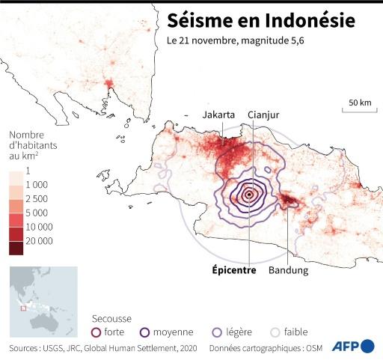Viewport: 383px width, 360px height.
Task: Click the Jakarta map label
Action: [x=218, y=115]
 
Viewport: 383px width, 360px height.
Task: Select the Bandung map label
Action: [x=288, y=270]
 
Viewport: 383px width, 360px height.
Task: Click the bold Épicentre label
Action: [x=232, y=270]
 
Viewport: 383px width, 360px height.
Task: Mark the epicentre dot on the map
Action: [x=249, y=195]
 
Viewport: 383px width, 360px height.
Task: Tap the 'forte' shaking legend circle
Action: [x=95, y=332]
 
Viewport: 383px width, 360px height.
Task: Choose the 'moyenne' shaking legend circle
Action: [x=146, y=332]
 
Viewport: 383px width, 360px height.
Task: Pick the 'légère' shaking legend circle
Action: [x=217, y=332]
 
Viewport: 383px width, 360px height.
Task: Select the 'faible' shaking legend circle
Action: [x=275, y=332]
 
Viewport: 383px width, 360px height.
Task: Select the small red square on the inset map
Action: [x=24, y=308]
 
